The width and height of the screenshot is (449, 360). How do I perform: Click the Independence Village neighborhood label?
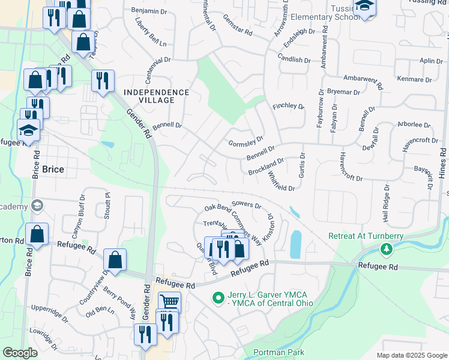tap(156, 92)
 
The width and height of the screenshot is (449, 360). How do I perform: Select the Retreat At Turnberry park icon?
tap(387, 248)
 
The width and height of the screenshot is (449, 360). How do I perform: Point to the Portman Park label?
tap(279, 352)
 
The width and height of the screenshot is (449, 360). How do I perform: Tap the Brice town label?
tap(53, 170)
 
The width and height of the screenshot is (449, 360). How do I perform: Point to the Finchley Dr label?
tap(289, 106)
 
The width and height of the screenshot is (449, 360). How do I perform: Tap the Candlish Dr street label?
tap(294, 59)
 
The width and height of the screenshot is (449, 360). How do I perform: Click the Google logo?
tap(20, 353)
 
